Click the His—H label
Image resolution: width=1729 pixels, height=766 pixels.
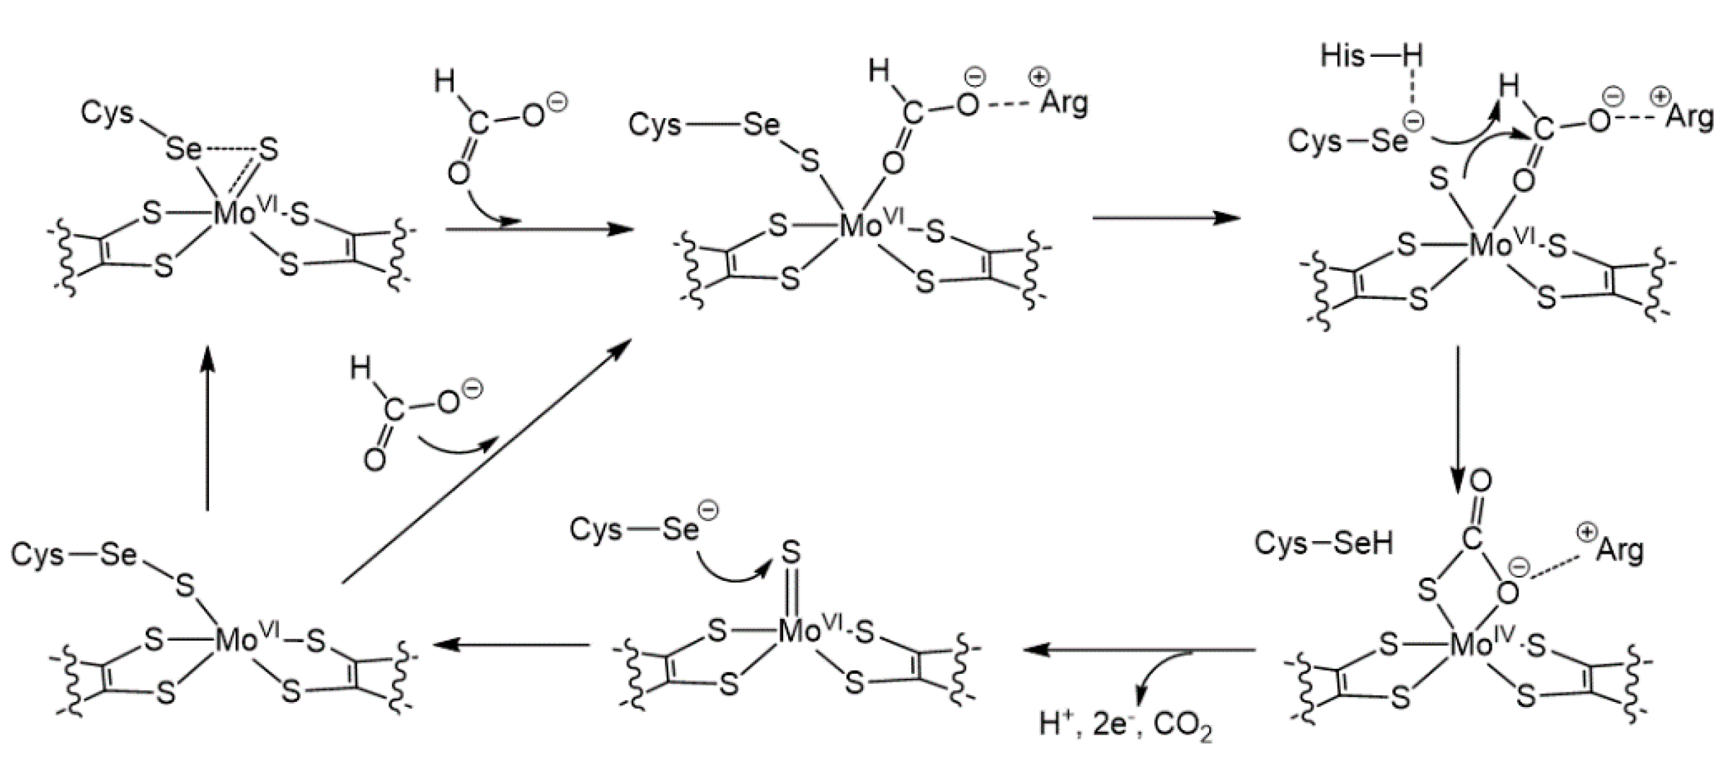(x=1371, y=55)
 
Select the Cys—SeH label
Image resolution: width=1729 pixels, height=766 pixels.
(x=1324, y=544)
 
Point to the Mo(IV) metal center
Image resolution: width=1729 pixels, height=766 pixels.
(x=1471, y=645)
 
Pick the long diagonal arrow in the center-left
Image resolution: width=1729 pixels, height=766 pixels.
(x=486, y=461)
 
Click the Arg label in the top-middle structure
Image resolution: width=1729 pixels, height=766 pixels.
(x=1064, y=103)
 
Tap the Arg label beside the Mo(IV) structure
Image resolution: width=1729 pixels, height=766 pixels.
(x=1619, y=550)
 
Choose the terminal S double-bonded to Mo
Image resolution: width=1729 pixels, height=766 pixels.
(x=791, y=553)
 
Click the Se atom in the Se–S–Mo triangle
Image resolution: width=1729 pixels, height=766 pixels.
(x=183, y=149)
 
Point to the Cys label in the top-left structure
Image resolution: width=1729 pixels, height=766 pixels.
(x=107, y=113)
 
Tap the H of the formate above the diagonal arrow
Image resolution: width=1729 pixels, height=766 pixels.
(x=360, y=370)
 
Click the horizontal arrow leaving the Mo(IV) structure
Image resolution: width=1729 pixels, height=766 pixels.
(x=1139, y=650)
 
